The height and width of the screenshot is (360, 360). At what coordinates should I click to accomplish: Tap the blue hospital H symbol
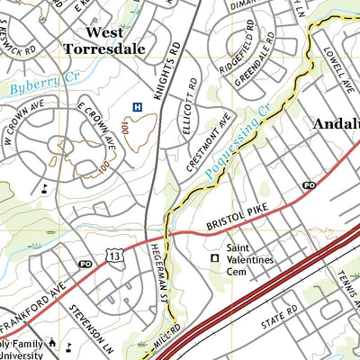click(137, 107)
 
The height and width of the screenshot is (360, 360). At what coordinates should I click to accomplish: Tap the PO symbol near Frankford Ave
click(86, 264)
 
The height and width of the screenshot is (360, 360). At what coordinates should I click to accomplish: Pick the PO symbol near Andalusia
click(309, 184)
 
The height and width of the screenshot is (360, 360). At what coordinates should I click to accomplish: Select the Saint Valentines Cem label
click(250, 254)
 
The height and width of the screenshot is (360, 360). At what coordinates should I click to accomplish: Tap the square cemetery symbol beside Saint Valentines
click(214, 258)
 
